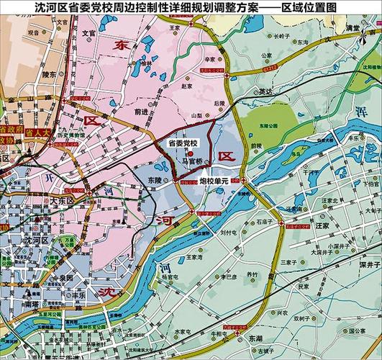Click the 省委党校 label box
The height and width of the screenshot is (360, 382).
182,144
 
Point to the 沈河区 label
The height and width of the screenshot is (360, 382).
35,238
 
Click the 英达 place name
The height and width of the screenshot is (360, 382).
265,91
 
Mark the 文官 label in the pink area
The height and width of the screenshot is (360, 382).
88,33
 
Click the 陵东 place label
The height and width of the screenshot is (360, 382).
49,73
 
